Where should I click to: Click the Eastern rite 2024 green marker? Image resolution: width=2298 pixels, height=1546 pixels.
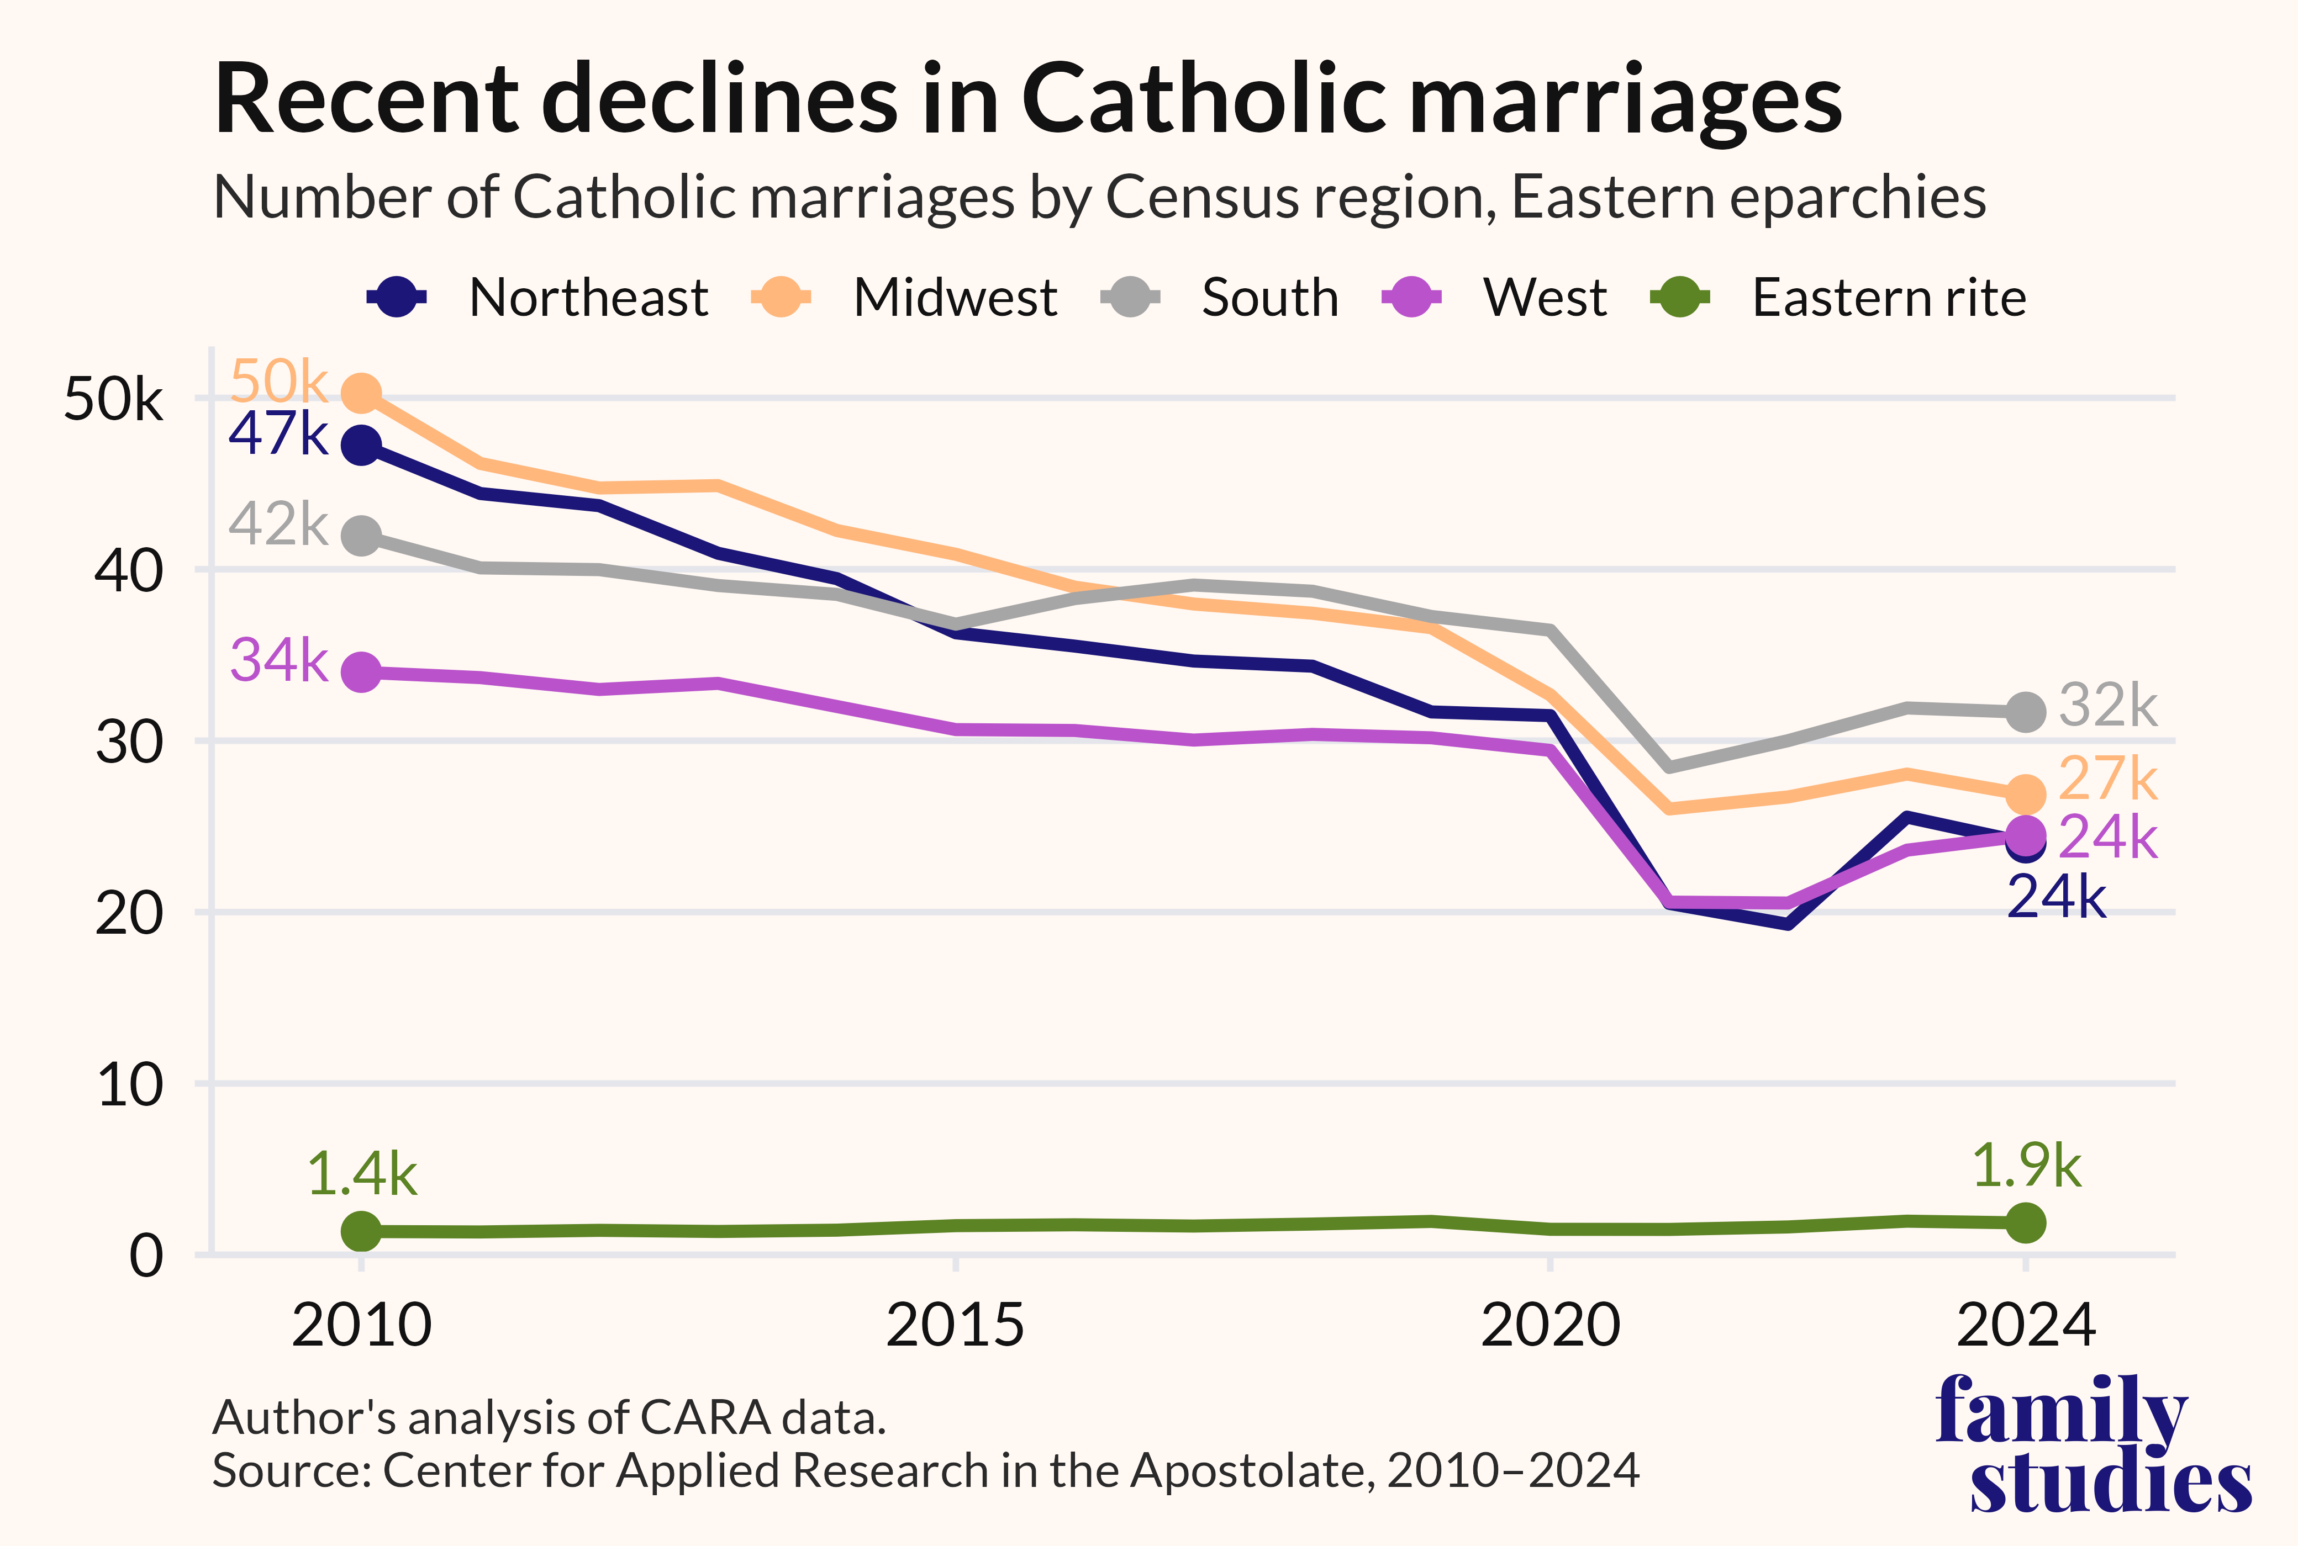2026,1222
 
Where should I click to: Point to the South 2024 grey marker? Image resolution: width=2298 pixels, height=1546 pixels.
2026,711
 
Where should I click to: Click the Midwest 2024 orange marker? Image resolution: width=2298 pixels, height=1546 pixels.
2026,793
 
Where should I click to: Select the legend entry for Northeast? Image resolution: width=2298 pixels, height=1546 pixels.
537,297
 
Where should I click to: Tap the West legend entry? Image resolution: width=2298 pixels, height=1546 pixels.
1494,297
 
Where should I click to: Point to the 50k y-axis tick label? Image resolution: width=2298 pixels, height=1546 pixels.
113,399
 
